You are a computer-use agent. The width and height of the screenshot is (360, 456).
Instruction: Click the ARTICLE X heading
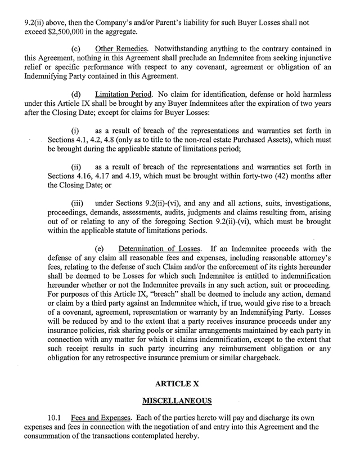tap(180, 385)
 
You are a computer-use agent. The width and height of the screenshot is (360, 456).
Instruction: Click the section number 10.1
tap(54, 419)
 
